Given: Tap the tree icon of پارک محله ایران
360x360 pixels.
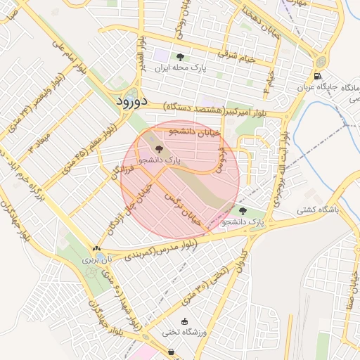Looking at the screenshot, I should [x=181, y=57].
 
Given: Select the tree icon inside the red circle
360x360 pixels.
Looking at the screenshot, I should [x=158, y=148].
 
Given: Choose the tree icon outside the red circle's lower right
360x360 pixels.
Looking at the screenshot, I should [x=243, y=210].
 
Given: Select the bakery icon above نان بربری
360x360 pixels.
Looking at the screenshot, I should [x=96, y=248].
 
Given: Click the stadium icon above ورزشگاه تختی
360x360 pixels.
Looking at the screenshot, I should [x=185, y=321].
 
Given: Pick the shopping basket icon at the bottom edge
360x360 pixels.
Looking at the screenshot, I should [x=171, y=352].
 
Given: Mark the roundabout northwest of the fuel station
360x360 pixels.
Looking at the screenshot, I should [x=321, y=59].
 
